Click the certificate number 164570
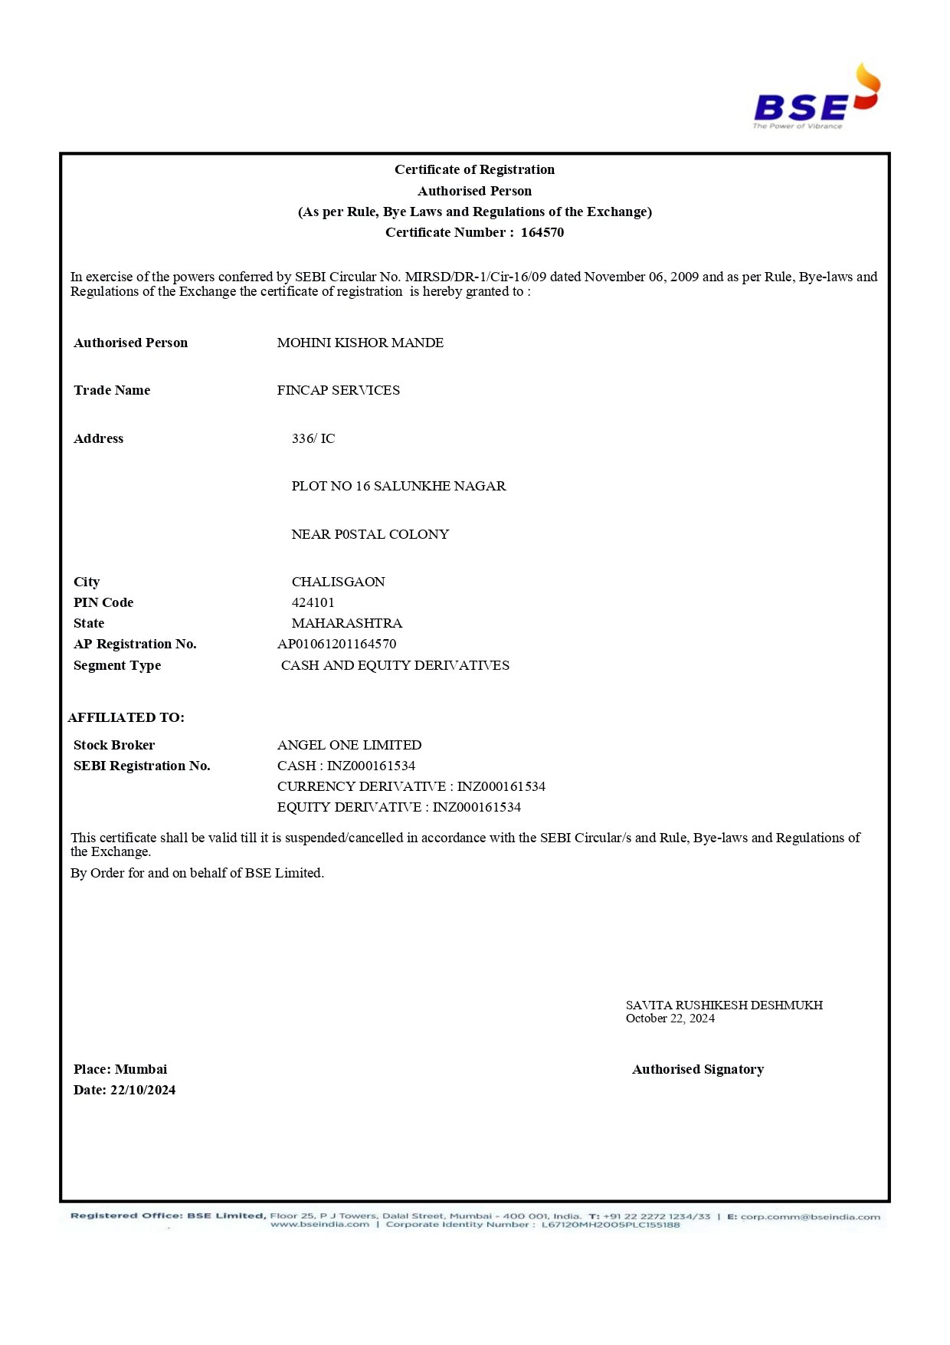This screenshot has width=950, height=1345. coord(542,232)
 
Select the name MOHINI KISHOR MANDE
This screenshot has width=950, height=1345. coord(360,343)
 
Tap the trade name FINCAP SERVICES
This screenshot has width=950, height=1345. coord(338,390)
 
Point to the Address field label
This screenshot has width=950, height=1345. coord(98,438)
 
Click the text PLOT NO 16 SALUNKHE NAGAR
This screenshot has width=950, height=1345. coord(398,486)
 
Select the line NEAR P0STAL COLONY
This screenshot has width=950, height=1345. coord(370,534)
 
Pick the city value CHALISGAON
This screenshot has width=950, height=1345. coord(338,582)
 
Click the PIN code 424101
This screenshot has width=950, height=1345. coord(313,602)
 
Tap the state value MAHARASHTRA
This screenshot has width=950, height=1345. coord(346,623)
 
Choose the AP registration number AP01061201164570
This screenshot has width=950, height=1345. coord(336,644)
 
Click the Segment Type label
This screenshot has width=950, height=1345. coord(117,665)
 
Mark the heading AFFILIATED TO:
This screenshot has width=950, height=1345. coord(126,717)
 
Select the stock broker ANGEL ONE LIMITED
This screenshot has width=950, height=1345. coord(349,745)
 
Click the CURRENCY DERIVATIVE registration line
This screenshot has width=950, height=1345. coord(411,786)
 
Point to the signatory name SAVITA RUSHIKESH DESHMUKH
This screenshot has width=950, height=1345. coord(724,1005)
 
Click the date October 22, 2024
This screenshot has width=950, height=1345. coord(670,1019)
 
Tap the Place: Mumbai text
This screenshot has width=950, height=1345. coord(120,1069)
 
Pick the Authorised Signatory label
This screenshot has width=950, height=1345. coord(698,1069)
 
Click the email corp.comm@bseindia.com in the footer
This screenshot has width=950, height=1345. coord(810,1216)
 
